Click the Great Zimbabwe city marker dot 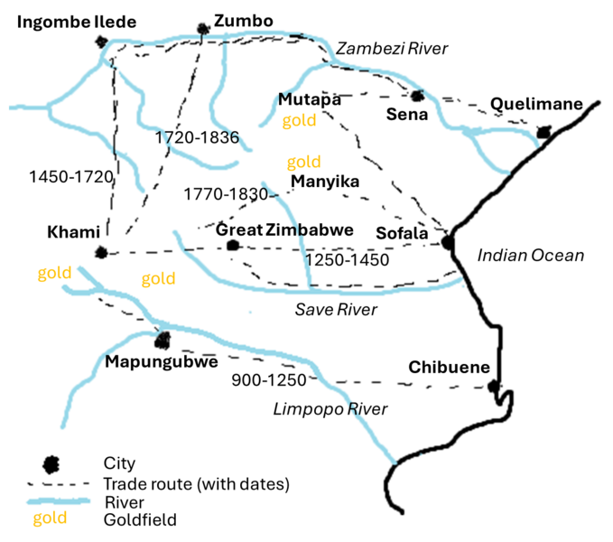point(233,245)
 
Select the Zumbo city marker point(203,31)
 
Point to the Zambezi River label point(392,49)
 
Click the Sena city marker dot point(417,96)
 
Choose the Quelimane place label point(536,104)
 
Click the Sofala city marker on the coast point(448,242)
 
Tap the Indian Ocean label point(530,256)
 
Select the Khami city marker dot point(101,253)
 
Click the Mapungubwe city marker point(163,340)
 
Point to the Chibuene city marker point(493,387)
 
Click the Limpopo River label point(330,409)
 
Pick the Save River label point(336,310)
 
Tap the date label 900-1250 point(269,379)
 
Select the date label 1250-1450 point(347,260)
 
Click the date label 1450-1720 point(70,177)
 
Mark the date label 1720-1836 point(197,138)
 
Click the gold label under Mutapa point(299,120)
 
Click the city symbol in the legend point(52,463)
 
